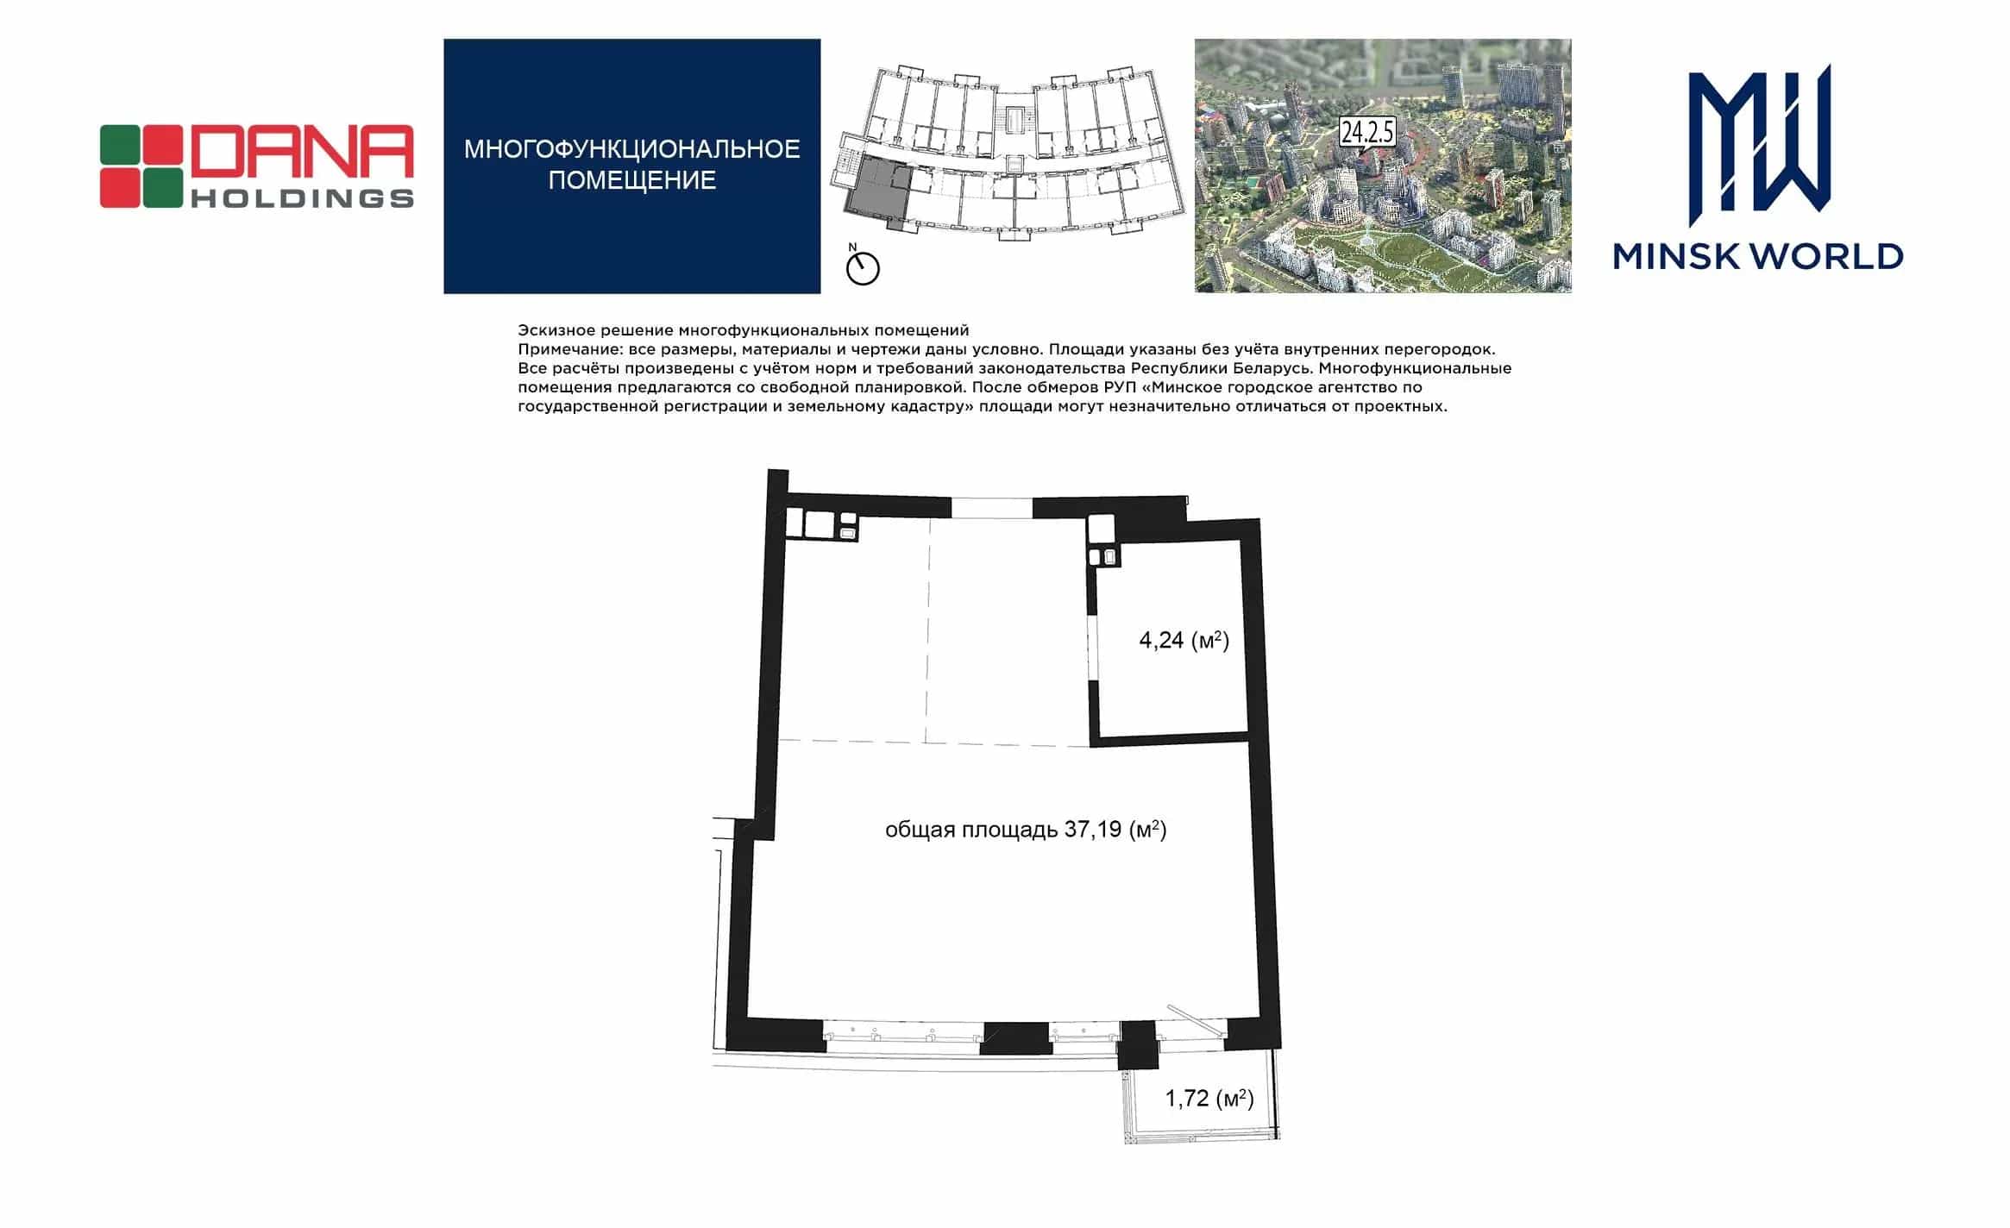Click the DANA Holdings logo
pyautogui.click(x=256, y=166)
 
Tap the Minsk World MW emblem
pyautogui.click(x=1759, y=138)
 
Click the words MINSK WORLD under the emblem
pyautogui.click(x=1758, y=256)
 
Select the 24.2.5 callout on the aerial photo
pyautogui.click(x=1367, y=134)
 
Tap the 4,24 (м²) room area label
pyautogui.click(x=1184, y=641)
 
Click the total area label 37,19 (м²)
pyautogui.click(x=1026, y=830)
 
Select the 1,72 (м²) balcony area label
pyautogui.click(x=1209, y=1099)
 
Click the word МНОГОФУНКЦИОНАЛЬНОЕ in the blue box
pyautogui.click(x=632, y=150)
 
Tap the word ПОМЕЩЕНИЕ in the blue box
pyautogui.click(x=632, y=180)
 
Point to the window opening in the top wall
pyautogui.click(x=992, y=509)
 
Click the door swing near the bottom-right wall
pyautogui.click(x=1197, y=1022)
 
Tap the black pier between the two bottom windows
pyautogui.click(x=1016, y=1037)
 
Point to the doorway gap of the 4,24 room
pyautogui.click(x=1092, y=647)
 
